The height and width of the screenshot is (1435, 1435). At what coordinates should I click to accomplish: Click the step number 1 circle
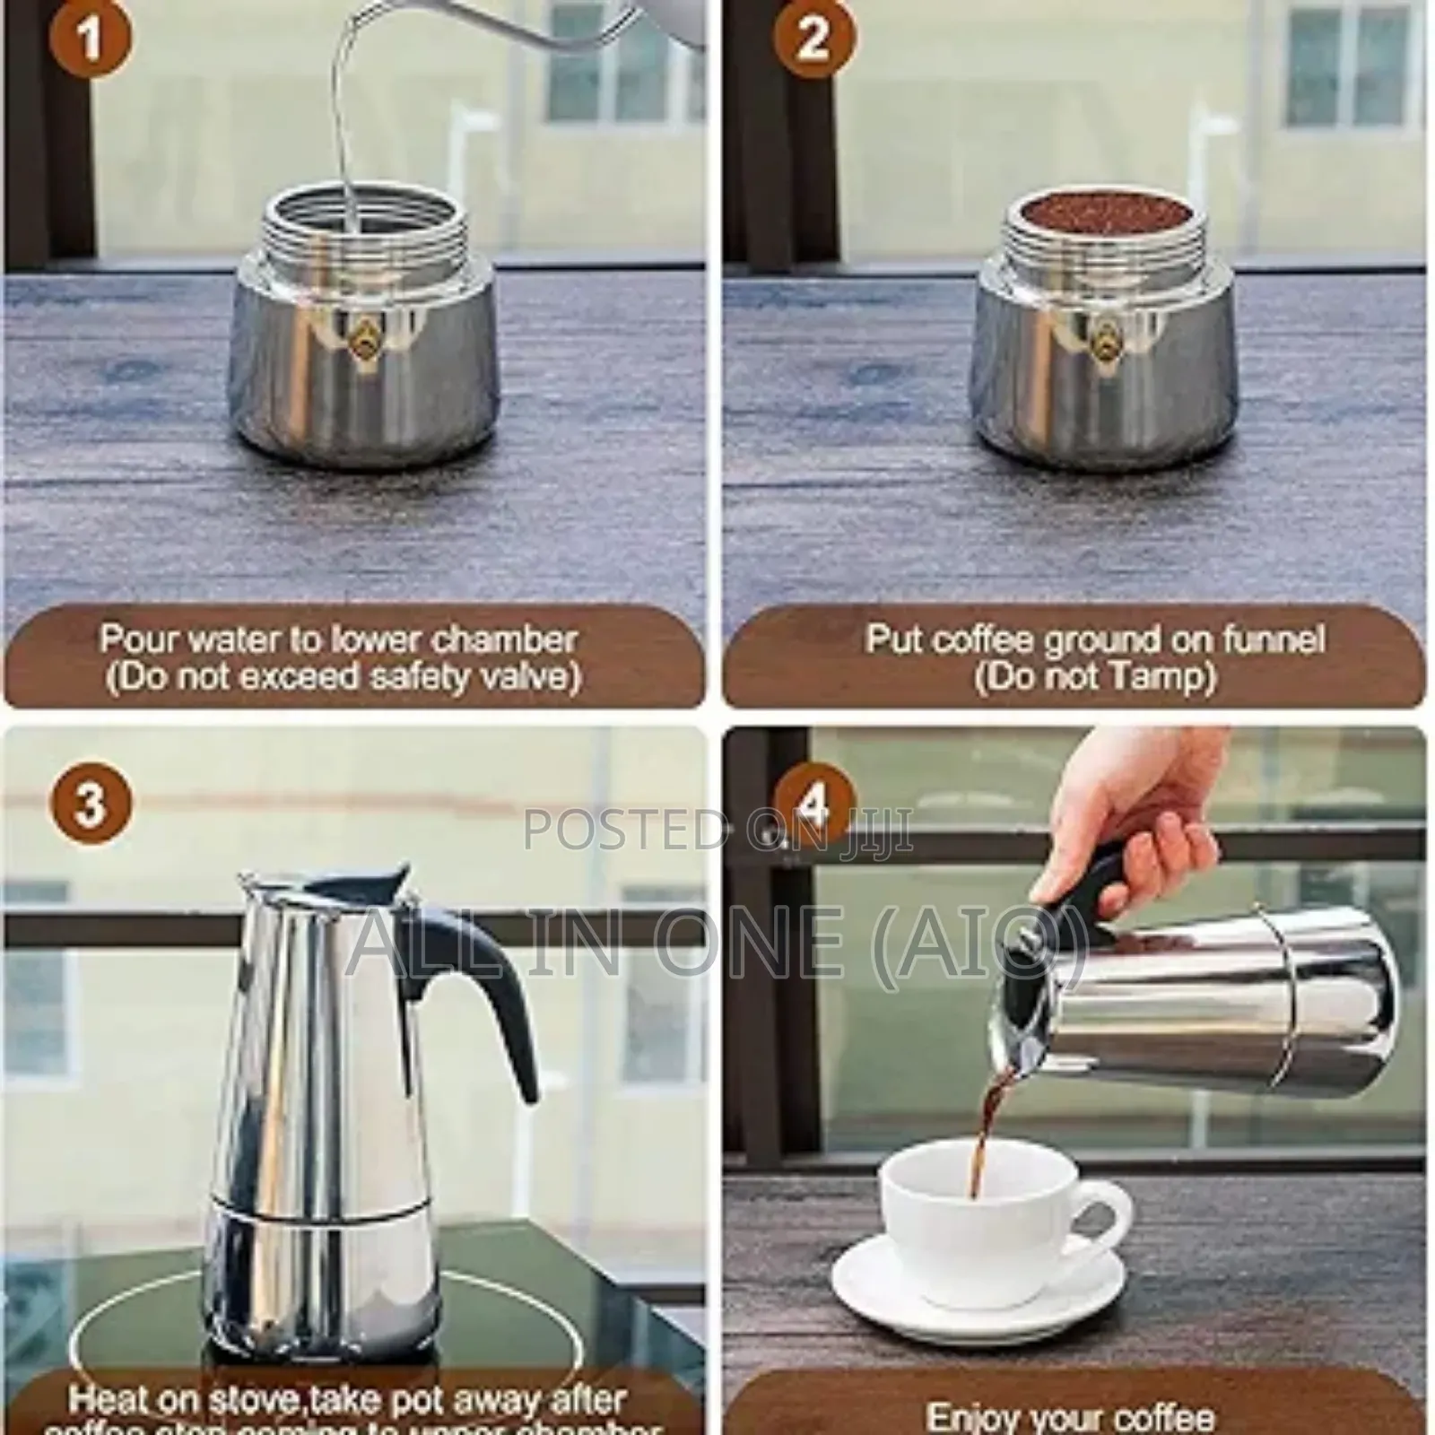pos(89,40)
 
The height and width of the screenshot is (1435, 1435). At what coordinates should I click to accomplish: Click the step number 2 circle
pos(813,40)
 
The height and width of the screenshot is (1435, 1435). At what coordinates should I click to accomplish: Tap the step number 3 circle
pos(91,802)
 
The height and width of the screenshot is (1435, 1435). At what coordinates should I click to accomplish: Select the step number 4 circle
pos(813,804)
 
